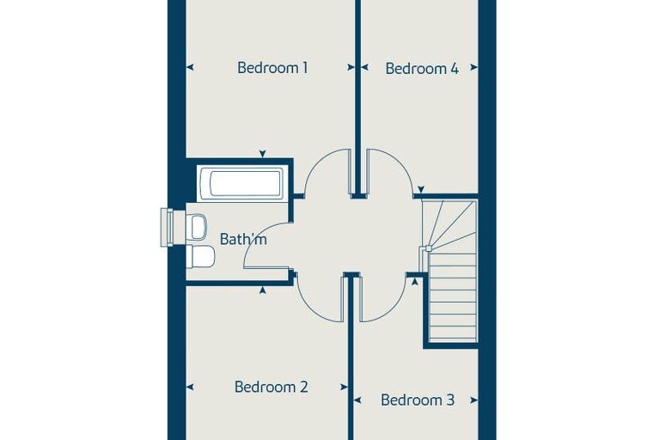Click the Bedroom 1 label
(x=272, y=68)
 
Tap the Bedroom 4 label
(x=422, y=69)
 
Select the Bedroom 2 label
(x=272, y=387)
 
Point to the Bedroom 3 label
(x=418, y=400)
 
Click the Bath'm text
(x=243, y=239)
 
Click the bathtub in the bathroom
(x=242, y=183)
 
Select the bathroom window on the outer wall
(x=167, y=227)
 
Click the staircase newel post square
(x=428, y=248)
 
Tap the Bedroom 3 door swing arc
(x=394, y=309)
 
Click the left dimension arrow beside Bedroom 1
(x=190, y=67)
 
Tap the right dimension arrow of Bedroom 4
(x=474, y=67)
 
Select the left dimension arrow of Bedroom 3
(x=357, y=400)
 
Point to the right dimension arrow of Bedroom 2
(x=344, y=387)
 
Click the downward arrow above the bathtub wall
(x=262, y=154)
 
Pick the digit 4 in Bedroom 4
(x=455, y=69)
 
